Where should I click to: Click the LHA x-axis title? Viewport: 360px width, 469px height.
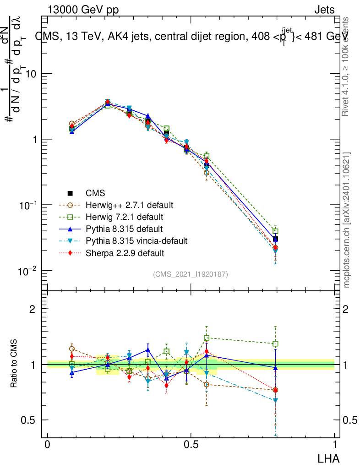tap(329, 458)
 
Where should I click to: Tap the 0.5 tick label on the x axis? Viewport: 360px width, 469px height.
tap(191, 445)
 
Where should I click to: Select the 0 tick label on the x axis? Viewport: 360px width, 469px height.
tap(47, 445)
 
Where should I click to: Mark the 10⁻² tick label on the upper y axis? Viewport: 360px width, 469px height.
tap(27, 271)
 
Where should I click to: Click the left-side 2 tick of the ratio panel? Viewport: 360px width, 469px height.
tap(32, 309)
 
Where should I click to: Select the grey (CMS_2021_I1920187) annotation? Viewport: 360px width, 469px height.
tap(191, 274)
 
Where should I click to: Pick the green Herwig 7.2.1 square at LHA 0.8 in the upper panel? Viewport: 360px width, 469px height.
tap(275, 232)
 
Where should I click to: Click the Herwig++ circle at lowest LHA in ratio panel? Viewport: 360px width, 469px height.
tap(71, 349)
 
